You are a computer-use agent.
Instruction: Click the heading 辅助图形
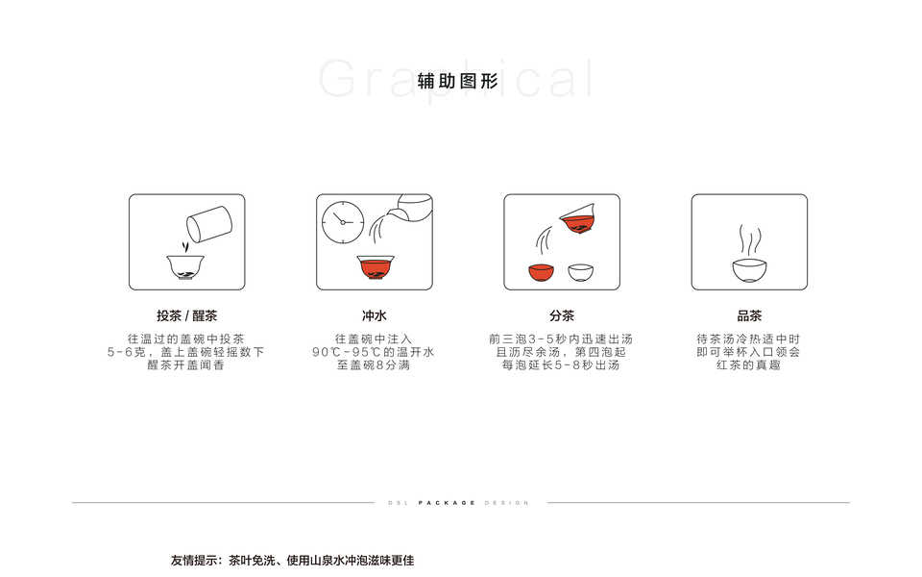click(457, 81)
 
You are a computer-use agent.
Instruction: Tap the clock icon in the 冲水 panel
click(343, 222)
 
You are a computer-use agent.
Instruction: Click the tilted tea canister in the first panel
click(209, 224)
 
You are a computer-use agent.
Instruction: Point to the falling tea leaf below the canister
click(185, 246)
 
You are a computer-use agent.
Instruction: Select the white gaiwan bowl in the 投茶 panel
click(185, 267)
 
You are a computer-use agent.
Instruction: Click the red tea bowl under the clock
click(376, 267)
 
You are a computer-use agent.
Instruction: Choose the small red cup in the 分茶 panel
click(541, 272)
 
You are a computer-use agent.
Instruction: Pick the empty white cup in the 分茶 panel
click(581, 272)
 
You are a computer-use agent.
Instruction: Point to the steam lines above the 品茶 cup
click(750, 239)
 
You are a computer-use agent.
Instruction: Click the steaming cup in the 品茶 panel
click(750, 271)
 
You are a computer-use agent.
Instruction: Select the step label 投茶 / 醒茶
click(187, 316)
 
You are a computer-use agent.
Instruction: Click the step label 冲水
click(375, 316)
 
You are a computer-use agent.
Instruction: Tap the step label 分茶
click(562, 316)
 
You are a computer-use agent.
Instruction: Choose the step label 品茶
click(749, 316)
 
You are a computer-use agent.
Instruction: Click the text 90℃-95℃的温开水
click(374, 352)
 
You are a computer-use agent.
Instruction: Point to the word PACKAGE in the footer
click(447, 503)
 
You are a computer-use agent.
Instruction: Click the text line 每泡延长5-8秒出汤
click(561, 365)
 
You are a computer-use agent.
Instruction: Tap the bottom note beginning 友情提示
click(292, 560)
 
